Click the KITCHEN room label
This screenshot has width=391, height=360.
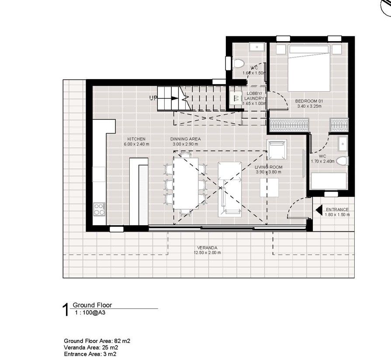pos(136,139)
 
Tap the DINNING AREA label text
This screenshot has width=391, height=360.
pos(185,139)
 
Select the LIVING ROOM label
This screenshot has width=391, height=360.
pos(269,167)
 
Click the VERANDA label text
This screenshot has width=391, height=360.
pos(207,248)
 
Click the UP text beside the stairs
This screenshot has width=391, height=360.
pos(152,98)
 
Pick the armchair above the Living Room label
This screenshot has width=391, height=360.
pos(277,149)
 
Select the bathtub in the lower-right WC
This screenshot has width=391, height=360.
pos(328,181)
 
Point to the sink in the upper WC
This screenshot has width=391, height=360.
pos(255,47)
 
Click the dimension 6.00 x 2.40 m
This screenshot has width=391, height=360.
pos(136,144)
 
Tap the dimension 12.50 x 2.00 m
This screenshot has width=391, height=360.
pos(207,252)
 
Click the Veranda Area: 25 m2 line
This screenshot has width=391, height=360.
pos(90,347)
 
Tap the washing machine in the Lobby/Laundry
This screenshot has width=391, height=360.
pos(236,98)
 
